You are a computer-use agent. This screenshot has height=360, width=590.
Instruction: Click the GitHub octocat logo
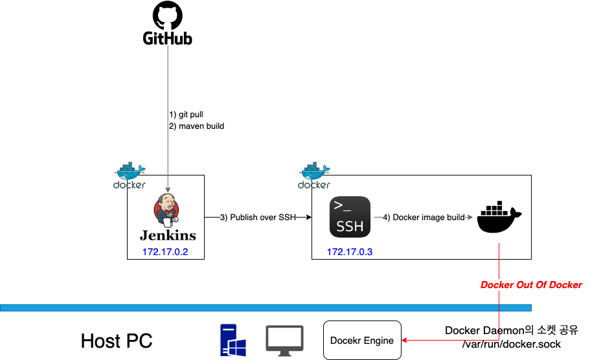click(168, 16)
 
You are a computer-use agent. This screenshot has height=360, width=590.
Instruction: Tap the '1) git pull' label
click(187, 115)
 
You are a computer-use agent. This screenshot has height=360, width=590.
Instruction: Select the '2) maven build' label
click(197, 126)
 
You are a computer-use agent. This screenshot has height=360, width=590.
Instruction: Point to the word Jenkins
click(168, 234)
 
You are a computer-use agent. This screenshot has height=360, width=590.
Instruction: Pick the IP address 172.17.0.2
click(165, 251)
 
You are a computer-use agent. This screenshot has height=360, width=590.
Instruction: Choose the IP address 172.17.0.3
click(350, 251)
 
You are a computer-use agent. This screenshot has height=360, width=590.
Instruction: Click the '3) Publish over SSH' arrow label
click(258, 218)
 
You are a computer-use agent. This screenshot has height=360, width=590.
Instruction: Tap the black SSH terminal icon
click(350, 217)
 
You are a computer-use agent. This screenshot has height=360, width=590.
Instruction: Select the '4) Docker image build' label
click(424, 218)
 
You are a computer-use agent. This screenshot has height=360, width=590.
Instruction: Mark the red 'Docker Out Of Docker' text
click(531, 285)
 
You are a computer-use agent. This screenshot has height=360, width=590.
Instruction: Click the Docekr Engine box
click(362, 340)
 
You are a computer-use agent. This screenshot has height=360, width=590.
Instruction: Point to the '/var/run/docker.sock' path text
click(512, 344)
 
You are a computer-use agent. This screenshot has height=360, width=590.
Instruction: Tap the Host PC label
click(117, 341)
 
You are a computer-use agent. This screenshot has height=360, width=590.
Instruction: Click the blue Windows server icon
click(233, 341)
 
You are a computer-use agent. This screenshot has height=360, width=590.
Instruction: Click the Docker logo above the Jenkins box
click(130, 174)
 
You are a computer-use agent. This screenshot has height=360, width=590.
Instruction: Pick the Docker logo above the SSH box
click(314, 174)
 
